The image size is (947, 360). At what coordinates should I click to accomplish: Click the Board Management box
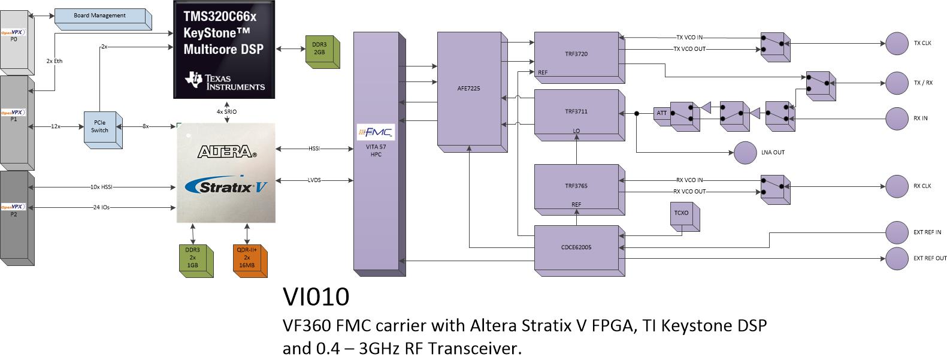click(x=99, y=16)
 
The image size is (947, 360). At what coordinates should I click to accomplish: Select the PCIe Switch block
click(x=99, y=126)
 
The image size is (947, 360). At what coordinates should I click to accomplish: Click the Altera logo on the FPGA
click(x=226, y=152)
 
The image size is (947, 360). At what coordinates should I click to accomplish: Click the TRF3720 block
click(x=575, y=54)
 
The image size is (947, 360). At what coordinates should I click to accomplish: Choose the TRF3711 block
click(x=575, y=111)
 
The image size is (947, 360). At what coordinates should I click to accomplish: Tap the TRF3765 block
click(x=575, y=186)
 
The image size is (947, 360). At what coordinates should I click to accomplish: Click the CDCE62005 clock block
click(x=575, y=247)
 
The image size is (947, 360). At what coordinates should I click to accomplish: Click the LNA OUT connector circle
click(x=745, y=152)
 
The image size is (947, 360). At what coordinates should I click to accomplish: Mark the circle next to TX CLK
click(x=897, y=43)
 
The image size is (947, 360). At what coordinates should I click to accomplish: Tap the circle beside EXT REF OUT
click(x=897, y=258)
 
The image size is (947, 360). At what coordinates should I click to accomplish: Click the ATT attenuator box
click(x=661, y=113)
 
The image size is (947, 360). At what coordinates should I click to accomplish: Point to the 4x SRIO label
click(x=226, y=112)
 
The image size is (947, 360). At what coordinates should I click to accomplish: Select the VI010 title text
click(x=315, y=297)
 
